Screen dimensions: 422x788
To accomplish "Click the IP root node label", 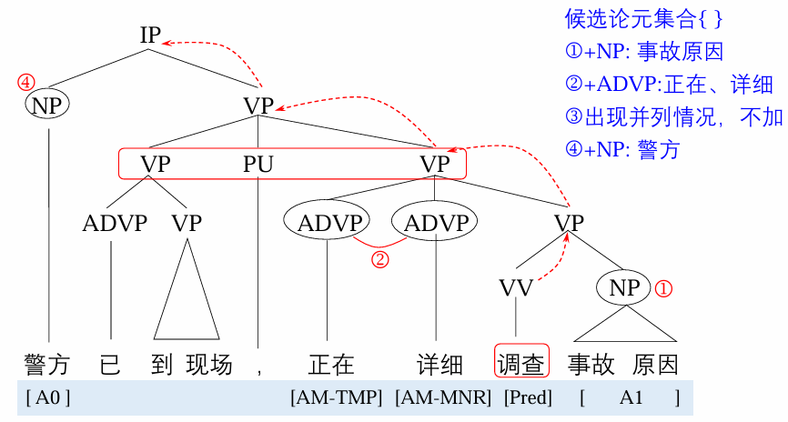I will point(150,35).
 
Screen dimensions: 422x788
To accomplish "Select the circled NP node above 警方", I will point(46,105).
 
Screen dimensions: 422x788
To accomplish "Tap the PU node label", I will point(258,165).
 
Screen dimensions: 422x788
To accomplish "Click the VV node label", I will point(516,288).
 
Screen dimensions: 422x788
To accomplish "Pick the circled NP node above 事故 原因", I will point(625,288).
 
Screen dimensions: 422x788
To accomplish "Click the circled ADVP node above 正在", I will point(326,223).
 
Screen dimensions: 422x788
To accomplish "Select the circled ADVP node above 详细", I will point(436,223).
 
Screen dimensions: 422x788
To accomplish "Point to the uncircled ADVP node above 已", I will point(114,223).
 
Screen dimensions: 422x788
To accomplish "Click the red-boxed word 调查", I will point(520,365).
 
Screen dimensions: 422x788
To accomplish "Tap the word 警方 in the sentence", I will point(46,365).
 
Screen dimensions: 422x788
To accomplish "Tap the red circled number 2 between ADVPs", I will point(380,260).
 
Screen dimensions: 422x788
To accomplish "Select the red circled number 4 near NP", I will point(25,83).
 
